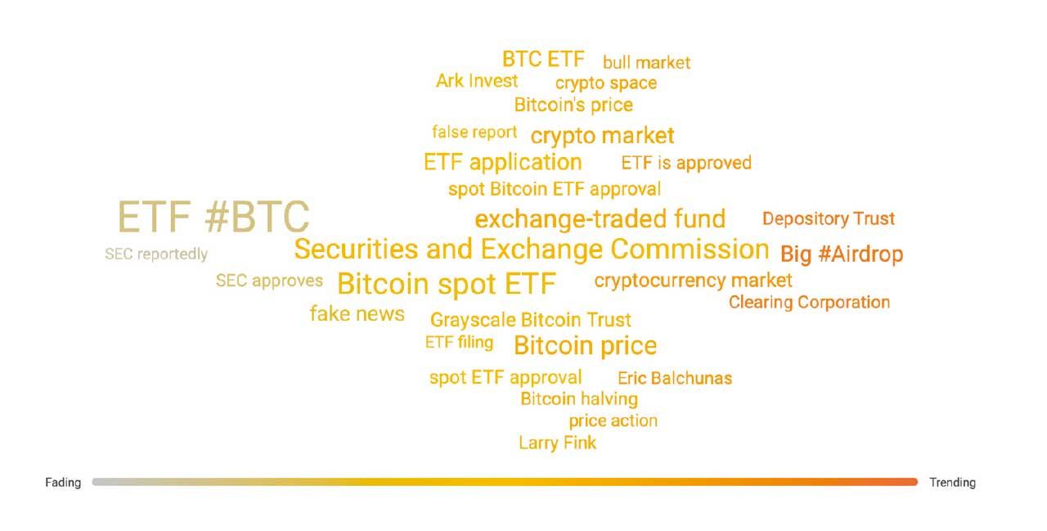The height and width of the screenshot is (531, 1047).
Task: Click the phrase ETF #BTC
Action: (x=213, y=217)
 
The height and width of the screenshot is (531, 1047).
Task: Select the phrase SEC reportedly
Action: (x=156, y=254)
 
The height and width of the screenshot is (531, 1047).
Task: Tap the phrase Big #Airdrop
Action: (x=842, y=254)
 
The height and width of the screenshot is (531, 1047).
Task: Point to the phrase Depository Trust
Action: (x=829, y=218)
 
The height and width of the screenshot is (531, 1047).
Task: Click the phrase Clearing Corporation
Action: (x=809, y=303)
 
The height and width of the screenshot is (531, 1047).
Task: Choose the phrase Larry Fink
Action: (x=558, y=443)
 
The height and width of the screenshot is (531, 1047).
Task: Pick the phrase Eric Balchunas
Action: (x=675, y=378)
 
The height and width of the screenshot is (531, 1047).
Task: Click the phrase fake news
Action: (x=357, y=313)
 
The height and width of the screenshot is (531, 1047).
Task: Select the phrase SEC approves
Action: (x=269, y=281)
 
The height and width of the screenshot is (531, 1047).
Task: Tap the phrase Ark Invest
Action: (x=477, y=81)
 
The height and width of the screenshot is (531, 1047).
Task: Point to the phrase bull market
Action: (x=646, y=63)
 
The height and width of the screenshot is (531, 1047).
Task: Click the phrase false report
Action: (x=474, y=133)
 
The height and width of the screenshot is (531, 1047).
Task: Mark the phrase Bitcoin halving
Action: (x=579, y=399)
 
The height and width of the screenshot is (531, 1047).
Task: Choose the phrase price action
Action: (x=613, y=421)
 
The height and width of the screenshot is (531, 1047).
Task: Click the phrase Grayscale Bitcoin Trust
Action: (x=531, y=320)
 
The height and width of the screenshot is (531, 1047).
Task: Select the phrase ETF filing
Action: (x=459, y=343)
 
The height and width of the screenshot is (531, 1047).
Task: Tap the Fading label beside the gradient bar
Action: (x=63, y=483)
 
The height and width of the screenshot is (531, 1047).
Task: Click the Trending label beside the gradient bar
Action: (x=952, y=483)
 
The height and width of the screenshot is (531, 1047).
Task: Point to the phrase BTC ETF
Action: (x=543, y=60)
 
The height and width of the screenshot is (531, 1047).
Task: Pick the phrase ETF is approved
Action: (x=686, y=163)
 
